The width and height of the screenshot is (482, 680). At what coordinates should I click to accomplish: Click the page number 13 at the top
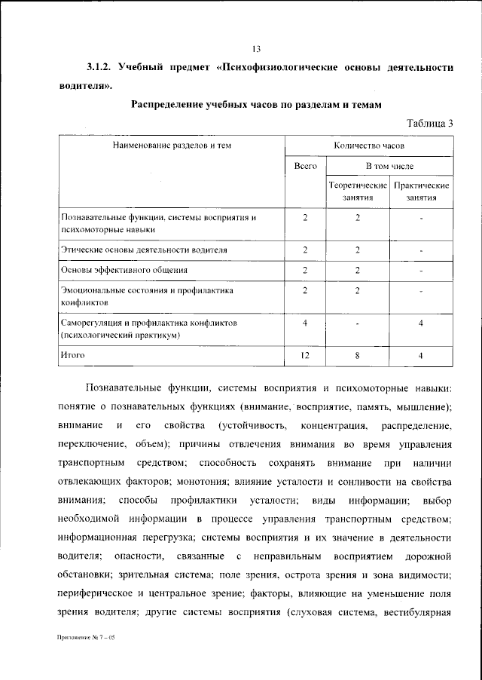tap(256, 50)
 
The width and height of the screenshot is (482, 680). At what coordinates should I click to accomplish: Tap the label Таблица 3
tap(429, 123)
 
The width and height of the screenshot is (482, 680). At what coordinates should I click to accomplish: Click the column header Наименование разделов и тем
tap(172, 144)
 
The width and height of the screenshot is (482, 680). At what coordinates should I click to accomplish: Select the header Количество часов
tap(369, 144)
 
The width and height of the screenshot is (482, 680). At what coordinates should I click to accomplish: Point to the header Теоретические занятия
tap(358, 191)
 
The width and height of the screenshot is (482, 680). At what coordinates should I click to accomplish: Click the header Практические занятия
tap(422, 191)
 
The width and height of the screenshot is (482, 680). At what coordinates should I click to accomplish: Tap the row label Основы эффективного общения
tap(124, 269)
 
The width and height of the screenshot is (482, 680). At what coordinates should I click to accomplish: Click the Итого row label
tap(73, 353)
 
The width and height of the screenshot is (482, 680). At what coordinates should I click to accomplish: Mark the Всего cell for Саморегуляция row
tap(305, 324)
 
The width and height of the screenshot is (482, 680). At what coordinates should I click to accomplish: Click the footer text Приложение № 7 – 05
tap(84, 637)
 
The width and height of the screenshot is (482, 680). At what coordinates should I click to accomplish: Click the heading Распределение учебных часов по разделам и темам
tap(257, 103)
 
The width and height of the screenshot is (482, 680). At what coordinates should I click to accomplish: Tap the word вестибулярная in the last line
tap(416, 611)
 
